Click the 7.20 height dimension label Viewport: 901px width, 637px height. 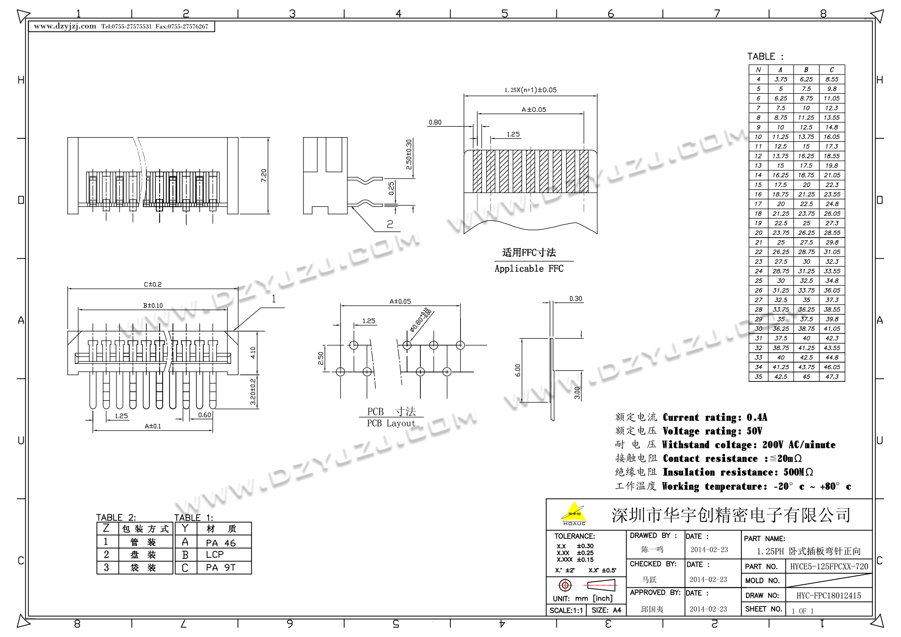[264, 176]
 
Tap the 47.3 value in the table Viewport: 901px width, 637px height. [832, 377]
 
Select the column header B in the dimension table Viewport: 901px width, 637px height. [806, 70]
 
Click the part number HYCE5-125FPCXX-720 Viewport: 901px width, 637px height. [829, 566]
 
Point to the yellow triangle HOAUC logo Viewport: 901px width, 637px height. [574, 513]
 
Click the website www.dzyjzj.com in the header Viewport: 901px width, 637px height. [65, 26]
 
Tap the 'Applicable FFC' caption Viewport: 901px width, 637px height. [529, 268]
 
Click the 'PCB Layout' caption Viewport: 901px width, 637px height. [391, 423]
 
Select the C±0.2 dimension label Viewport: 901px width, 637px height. [152, 284]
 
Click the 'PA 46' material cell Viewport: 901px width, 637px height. [220, 543]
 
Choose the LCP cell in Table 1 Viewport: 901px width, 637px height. [214, 554]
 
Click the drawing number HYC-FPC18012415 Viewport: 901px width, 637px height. [829, 595]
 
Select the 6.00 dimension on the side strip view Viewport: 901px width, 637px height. [517, 370]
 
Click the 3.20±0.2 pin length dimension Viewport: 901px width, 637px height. [253, 391]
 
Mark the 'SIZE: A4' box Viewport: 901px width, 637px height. [606, 610]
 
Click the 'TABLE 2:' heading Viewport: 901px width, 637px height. [116, 517]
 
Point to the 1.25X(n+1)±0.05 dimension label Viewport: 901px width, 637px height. [530, 90]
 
